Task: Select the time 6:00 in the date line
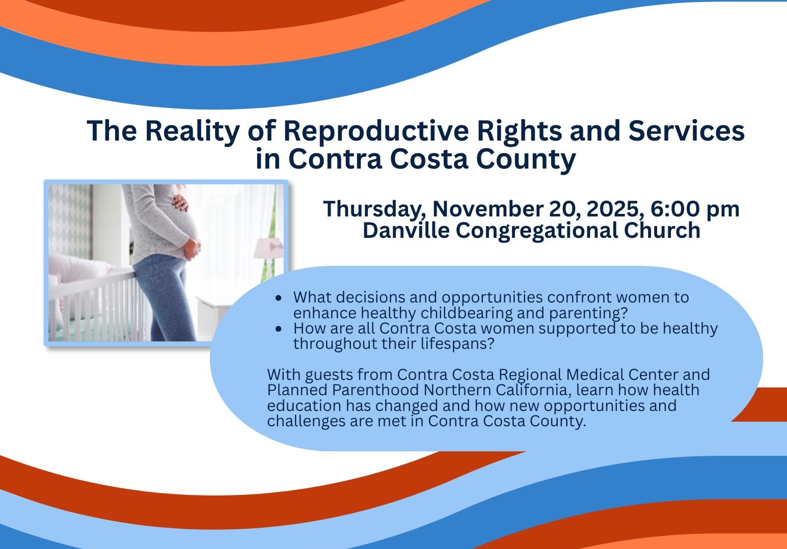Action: (x=675, y=209)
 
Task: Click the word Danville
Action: (x=406, y=230)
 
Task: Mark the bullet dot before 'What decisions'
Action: (x=279, y=298)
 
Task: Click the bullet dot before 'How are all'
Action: (x=279, y=329)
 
